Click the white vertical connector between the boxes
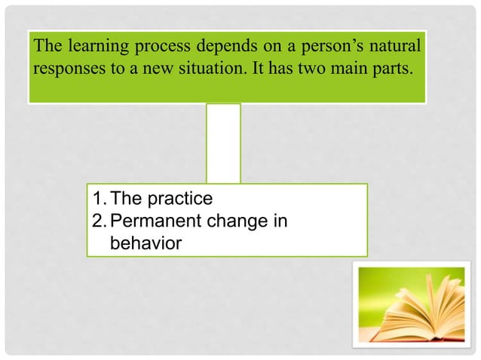tap(223, 143)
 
